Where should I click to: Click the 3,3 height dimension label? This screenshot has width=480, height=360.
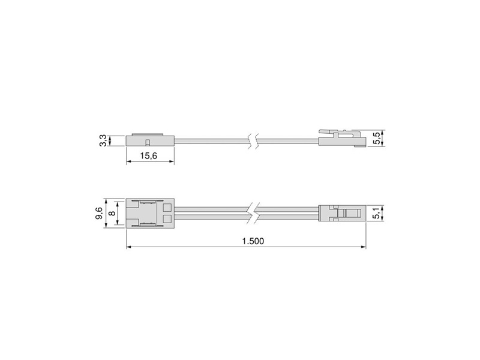pos(103,140)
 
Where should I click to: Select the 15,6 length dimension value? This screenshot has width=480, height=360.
pos(149,155)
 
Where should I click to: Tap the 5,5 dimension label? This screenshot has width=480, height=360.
pos(376,139)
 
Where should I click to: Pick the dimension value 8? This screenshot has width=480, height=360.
pos(112,213)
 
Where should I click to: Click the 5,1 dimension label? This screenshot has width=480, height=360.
pos(376,213)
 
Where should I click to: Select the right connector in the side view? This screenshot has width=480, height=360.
pos(341,139)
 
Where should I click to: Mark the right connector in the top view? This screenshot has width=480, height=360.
pos(341,213)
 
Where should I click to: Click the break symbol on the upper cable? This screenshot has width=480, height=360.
pos(255,141)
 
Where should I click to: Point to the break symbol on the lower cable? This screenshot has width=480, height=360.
pos(255,213)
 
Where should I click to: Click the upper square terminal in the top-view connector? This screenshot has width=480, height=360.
pos(167,208)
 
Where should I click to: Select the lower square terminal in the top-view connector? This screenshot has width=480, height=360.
pos(167,218)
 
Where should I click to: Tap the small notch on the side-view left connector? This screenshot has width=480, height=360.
pos(146,142)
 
